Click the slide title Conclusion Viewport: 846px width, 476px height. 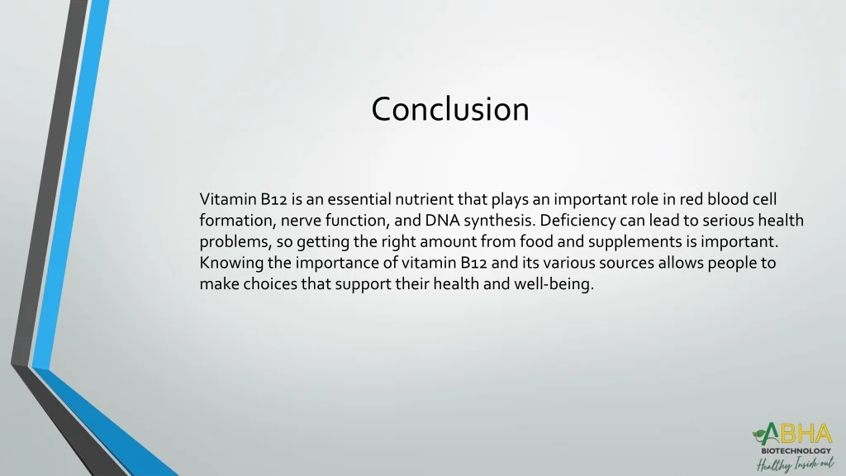tap(450, 109)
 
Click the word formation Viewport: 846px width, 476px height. tap(236, 221)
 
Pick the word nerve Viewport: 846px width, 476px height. tap(301, 221)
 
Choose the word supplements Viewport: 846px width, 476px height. tap(644, 242)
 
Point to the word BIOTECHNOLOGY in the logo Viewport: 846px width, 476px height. tap(796, 451)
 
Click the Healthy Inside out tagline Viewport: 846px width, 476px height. tap(794, 464)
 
